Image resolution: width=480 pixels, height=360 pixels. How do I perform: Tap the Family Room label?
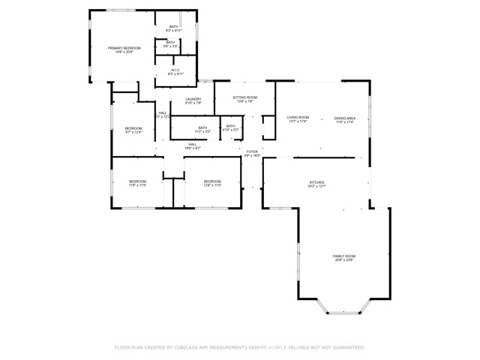[344, 256]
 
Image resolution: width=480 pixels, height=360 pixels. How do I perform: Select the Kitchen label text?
[317, 182]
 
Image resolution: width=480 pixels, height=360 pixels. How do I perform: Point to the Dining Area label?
[345, 118]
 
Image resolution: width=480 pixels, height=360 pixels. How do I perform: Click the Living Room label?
[298, 117]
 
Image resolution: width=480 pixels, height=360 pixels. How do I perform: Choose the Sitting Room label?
[244, 97]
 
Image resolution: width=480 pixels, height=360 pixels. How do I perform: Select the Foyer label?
[252, 151]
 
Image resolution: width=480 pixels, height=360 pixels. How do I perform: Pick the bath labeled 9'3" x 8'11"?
[173, 26]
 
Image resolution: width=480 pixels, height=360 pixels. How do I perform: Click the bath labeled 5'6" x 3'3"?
[170, 43]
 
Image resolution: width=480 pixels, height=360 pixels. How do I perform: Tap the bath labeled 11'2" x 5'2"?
[202, 127]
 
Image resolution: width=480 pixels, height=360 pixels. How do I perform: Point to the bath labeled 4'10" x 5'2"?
[230, 126]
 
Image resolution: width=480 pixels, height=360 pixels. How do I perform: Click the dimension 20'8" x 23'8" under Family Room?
[344, 260]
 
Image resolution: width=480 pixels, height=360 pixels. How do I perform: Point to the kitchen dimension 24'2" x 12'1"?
[317, 187]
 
